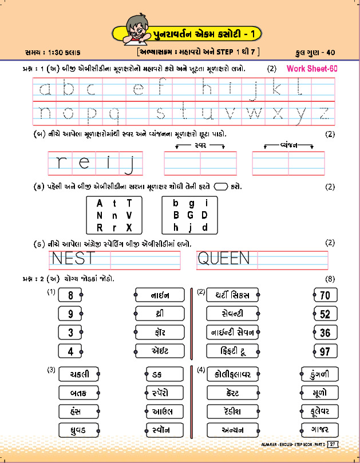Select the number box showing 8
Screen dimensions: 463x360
70,296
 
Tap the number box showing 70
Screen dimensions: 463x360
325,296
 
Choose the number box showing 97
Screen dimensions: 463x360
325,351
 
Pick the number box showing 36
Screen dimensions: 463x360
325,333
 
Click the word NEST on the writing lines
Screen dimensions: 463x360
73,259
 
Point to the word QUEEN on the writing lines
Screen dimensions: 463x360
223,259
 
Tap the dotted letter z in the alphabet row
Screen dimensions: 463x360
323,113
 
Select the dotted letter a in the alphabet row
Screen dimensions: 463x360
46,89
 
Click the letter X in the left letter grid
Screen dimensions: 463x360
129,227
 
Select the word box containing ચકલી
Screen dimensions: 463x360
78,374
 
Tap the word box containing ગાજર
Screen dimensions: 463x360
321,429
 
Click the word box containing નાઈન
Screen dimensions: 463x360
160,296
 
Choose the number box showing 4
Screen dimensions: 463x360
70,351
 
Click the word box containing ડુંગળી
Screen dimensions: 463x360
321,374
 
